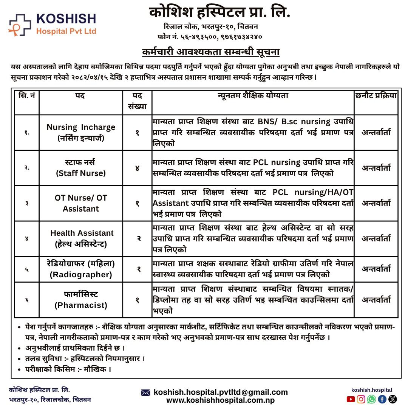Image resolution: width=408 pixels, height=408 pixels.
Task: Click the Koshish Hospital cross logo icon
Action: click(x=20, y=25)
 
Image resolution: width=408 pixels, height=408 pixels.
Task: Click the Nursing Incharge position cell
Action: click(x=81, y=133)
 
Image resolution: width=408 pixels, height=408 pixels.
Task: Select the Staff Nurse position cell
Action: click(x=81, y=168)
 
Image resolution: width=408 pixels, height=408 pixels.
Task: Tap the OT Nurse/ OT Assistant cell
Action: click(x=81, y=203)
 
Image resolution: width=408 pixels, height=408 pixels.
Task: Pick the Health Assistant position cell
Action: click(x=81, y=238)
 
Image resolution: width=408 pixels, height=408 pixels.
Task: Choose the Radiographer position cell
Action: click(x=81, y=269)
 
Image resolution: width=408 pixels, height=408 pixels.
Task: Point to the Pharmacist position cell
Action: click(x=81, y=300)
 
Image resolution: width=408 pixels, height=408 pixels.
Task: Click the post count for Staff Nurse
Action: click(x=138, y=168)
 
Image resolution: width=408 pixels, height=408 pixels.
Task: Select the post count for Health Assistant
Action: click(x=138, y=238)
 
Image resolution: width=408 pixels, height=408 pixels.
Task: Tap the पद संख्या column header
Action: click(x=138, y=101)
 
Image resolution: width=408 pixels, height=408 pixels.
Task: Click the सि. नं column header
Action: click(x=27, y=96)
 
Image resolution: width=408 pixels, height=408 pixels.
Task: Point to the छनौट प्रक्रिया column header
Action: click(x=376, y=96)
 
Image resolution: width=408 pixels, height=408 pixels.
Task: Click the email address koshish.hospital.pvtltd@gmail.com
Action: click(x=221, y=393)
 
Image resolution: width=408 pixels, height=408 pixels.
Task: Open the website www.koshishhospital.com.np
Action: click(x=221, y=400)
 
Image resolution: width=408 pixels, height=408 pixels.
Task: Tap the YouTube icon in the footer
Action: click(x=351, y=399)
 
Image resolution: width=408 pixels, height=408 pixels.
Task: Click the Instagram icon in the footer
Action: click(x=361, y=399)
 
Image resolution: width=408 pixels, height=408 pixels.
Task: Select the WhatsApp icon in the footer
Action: click(x=372, y=399)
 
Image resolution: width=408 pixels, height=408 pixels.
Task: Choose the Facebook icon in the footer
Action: click(x=382, y=399)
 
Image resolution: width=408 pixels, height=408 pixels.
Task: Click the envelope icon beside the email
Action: click(x=145, y=393)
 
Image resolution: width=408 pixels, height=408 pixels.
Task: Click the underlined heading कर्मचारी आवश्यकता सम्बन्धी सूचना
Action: click(x=210, y=52)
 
